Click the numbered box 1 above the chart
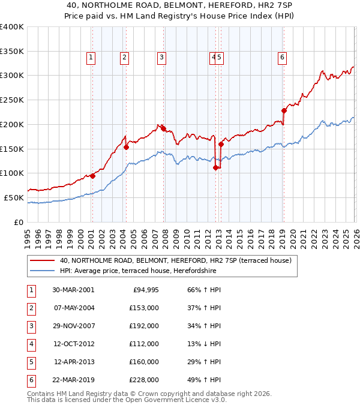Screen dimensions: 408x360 [91, 58]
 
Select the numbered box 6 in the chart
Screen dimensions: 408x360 [282, 58]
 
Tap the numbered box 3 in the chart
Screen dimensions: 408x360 [162, 58]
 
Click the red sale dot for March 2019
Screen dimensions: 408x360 [284, 110]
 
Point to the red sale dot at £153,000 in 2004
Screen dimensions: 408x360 [126, 147]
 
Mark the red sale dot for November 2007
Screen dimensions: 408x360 [164, 128]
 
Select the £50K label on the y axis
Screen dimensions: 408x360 [14, 197]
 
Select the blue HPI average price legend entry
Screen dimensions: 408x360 [137, 271]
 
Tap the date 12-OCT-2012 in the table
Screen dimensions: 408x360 [73, 344]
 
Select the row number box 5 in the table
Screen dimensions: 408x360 [30, 362]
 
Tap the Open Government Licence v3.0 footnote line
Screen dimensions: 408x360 [127, 400]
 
